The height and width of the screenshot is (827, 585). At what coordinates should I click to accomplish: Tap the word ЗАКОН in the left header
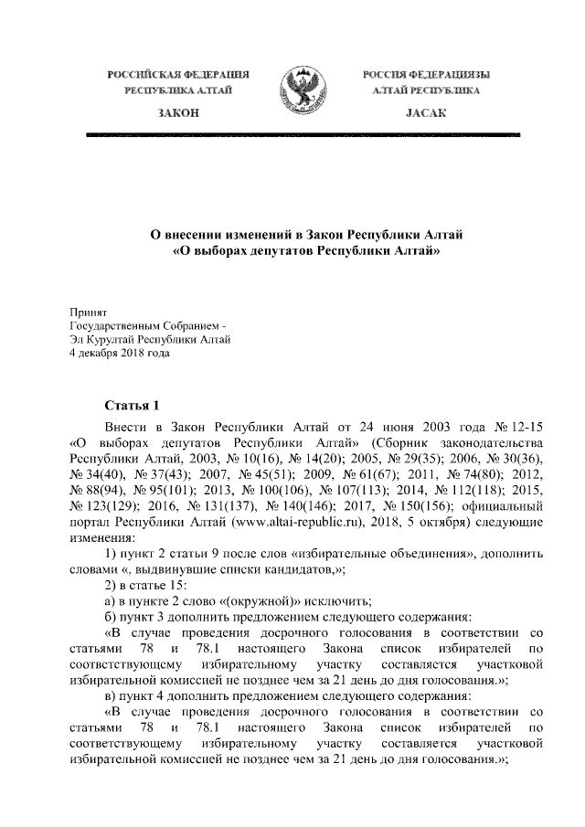point(176,111)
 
